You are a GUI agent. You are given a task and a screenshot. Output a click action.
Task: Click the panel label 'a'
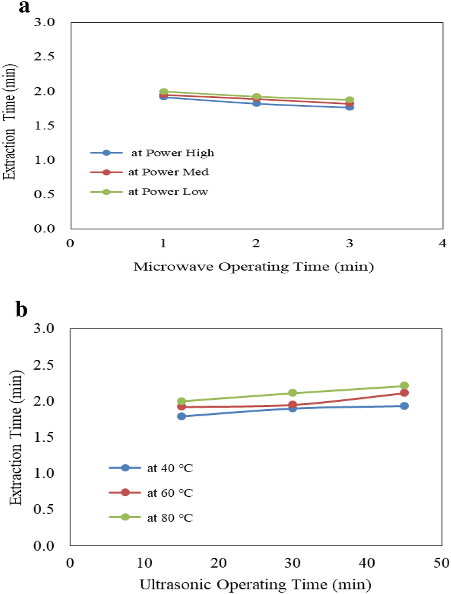pos(24,7)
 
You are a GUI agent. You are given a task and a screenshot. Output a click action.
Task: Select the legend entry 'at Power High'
pos(172,153)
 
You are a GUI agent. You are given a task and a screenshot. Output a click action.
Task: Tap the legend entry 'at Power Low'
pos(168,192)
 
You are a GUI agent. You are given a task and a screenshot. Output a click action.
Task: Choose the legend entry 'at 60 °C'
pos(170,493)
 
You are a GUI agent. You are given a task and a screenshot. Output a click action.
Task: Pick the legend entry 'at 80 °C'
pos(170,518)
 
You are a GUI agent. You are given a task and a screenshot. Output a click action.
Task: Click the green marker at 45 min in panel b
pos(404,385)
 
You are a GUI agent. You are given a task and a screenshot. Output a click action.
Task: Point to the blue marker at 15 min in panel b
pos(182,416)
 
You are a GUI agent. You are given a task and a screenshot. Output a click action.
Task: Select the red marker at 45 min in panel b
pos(404,393)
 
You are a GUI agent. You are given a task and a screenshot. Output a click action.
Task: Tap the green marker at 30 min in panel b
pos(293,393)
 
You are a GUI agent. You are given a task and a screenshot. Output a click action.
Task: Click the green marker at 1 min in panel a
pos(164,92)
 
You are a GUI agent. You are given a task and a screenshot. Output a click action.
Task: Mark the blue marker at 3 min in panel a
pos(349,107)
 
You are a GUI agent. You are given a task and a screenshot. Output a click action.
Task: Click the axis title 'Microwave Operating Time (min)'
pos(253,267)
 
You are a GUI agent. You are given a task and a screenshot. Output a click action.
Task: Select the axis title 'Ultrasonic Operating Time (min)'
pos(255,585)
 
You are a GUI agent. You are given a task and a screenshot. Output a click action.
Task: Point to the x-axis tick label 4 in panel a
pos(442,243)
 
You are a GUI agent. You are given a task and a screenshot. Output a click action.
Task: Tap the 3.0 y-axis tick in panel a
pos(44,22)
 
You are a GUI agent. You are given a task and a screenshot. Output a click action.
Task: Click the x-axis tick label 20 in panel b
pos(219,563)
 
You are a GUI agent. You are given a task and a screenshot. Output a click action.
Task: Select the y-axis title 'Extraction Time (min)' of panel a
pos(10,122)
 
